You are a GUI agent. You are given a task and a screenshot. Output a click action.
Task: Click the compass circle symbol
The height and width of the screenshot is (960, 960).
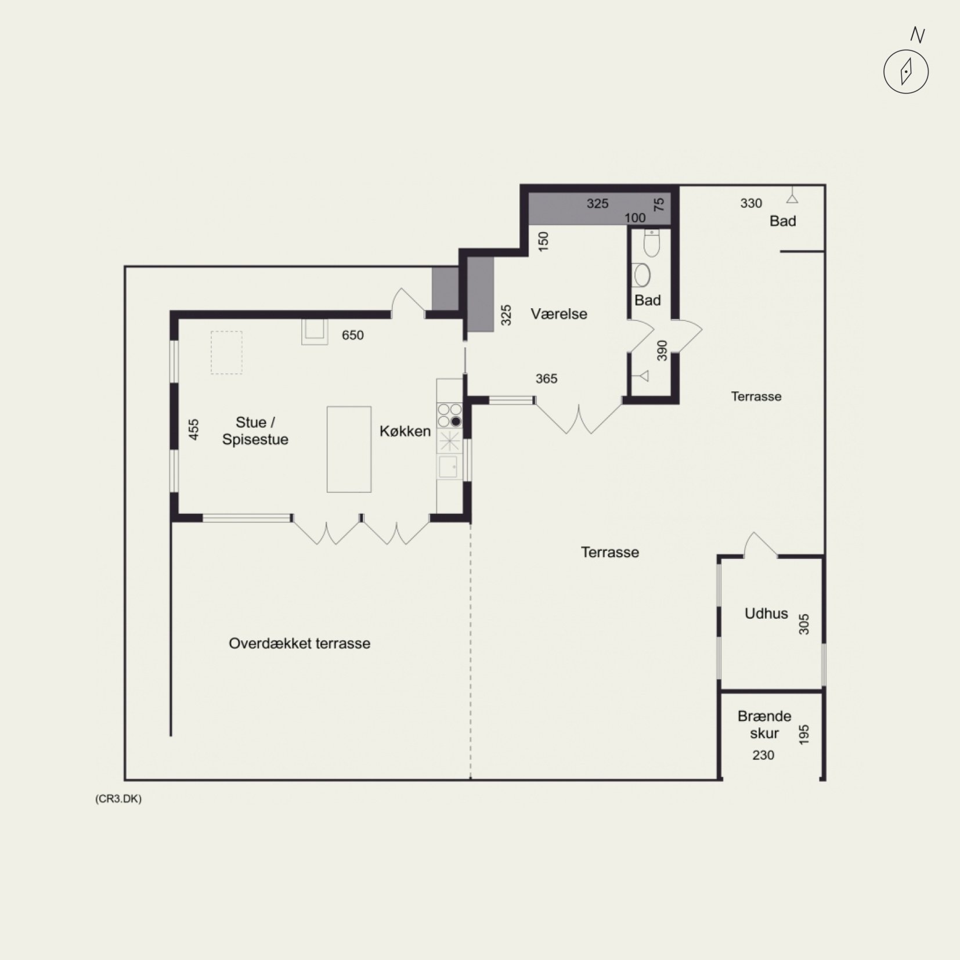click(906, 72)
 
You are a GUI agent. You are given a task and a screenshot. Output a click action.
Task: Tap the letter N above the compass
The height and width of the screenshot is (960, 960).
click(917, 35)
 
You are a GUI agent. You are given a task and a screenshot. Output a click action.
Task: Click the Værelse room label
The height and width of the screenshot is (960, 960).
click(559, 314)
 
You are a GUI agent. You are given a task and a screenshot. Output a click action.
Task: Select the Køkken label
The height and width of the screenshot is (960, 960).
click(405, 431)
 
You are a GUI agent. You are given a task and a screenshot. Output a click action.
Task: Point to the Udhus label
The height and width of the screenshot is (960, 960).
click(766, 613)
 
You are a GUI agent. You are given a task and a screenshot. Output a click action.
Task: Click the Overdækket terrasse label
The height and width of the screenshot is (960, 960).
click(299, 643)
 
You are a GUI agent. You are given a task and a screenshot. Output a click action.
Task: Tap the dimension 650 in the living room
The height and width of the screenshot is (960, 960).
click(353, 335)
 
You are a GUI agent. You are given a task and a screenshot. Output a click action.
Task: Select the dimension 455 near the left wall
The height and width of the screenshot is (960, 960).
click(194, 430)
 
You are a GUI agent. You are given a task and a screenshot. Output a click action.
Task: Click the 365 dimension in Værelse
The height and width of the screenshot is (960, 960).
click(546, 378)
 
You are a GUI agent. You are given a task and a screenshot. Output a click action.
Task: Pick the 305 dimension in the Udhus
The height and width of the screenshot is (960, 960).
click(804, 624)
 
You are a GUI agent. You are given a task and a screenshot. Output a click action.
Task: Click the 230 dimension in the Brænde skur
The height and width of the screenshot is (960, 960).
click(763, 755)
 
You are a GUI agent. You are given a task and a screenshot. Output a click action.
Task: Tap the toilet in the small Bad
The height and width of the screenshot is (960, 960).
click(652, 243)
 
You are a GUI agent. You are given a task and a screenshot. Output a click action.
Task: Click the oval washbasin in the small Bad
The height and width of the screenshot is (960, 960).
click(641, 275)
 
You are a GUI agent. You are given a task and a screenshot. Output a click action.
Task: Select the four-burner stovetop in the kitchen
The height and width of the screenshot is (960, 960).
click(450, 416)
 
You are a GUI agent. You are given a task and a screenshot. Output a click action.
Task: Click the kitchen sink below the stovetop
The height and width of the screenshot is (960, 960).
click(448, 467)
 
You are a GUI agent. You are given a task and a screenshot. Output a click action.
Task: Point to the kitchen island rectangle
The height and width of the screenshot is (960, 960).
click(349, 449)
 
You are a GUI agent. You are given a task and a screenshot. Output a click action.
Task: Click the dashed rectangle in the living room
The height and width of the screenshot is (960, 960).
click(226, 352)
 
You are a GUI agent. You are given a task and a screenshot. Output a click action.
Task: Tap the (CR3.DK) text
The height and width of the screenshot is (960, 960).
click(118, 799)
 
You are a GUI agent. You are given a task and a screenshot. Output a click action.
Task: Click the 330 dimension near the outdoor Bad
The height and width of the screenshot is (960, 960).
click(751, 203)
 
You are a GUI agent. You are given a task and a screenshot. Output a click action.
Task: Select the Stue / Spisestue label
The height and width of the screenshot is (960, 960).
click(255, 431)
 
